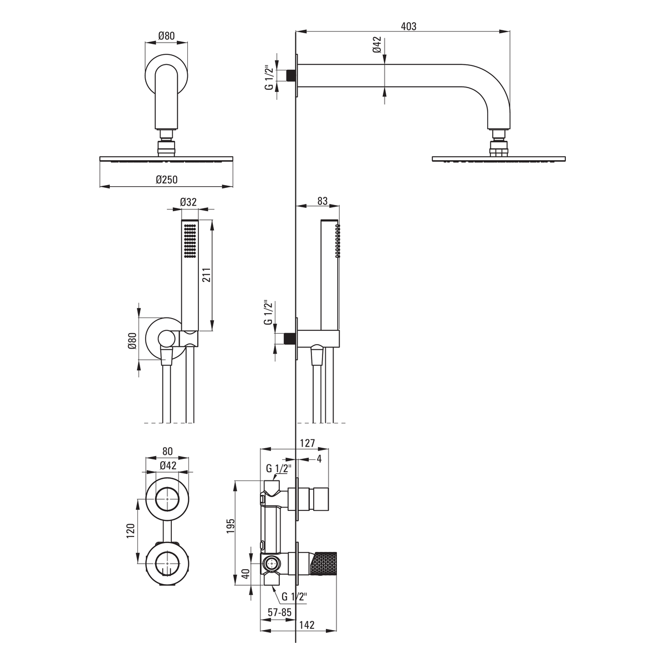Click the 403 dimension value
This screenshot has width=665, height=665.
click(x=408, y=26)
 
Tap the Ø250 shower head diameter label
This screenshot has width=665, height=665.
click(x=166, y=180)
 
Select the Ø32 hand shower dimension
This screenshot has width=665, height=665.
click(x=188, y=202)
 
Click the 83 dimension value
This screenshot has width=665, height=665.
click(x=323, y=201)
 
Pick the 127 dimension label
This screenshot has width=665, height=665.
click(x=308, y=443)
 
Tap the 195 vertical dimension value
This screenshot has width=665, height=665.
click(x=231, y=525)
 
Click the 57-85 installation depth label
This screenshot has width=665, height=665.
click(x=280, y=612)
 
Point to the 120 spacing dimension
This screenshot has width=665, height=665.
click(x=130, y=531)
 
